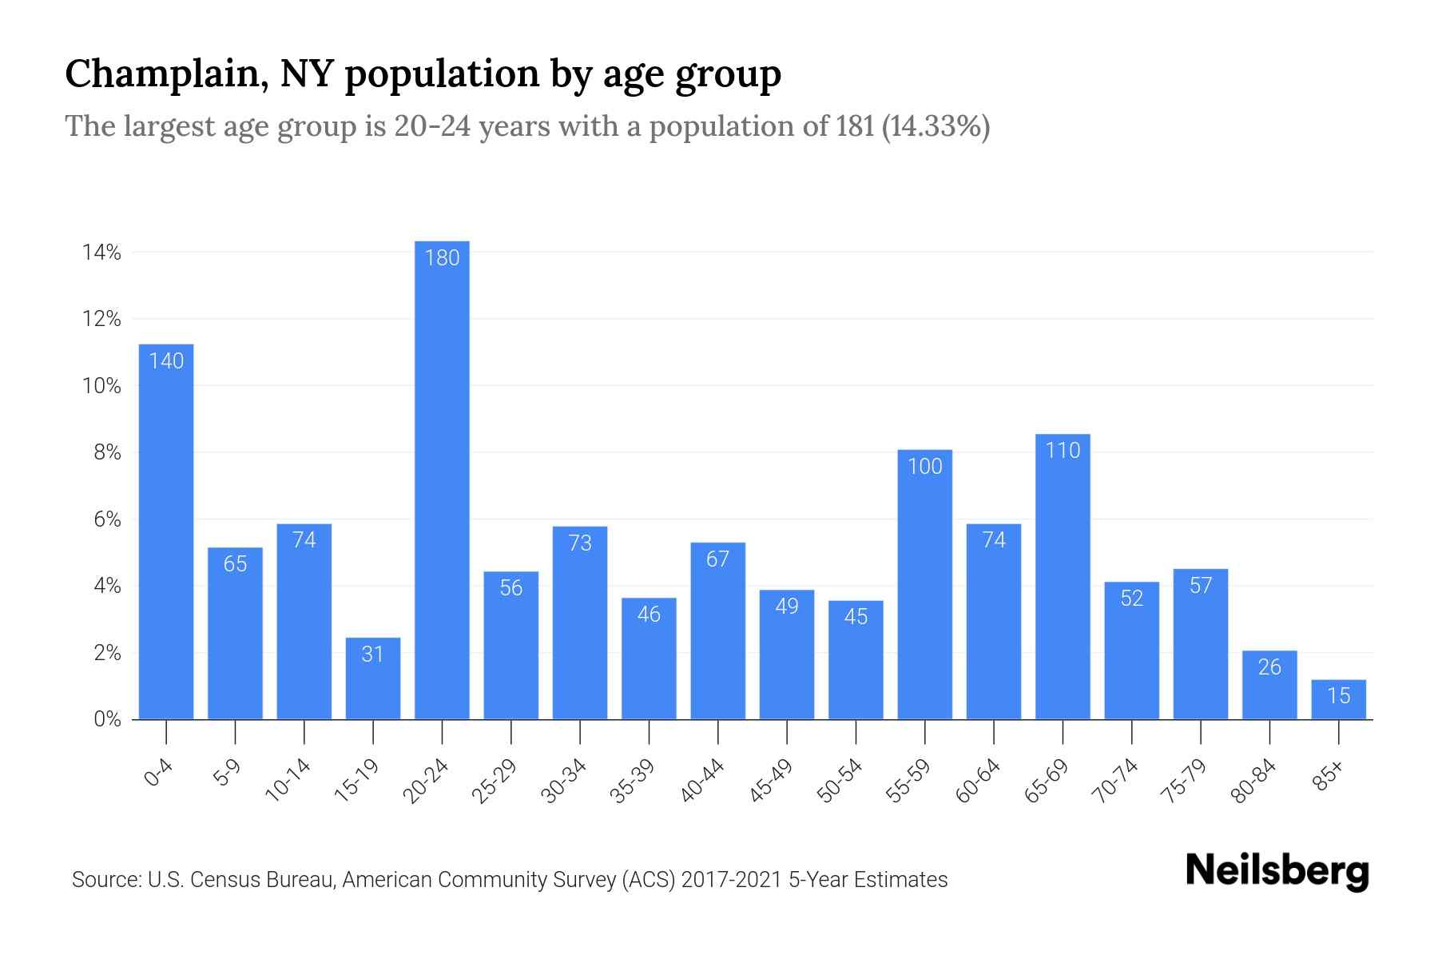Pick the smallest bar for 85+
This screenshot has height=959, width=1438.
coord(1338,700)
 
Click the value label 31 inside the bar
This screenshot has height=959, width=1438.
coord(372,655)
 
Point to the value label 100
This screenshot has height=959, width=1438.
coord(924,467)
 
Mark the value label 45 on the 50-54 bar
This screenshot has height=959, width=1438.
coord(856,617)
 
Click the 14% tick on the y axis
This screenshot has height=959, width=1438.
coord(101,253)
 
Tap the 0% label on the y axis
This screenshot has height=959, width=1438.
coord(107,719)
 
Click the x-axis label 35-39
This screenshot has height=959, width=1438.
coord(633,781)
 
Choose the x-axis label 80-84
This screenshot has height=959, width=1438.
coord(1253,781)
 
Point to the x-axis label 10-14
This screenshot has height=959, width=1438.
coord(288,781)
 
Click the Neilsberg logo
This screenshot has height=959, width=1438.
coord(1277,871)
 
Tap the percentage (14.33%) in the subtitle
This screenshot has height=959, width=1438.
coord(935,126)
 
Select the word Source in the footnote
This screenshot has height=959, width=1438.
coord(105,880)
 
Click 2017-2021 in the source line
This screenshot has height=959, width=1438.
coord(731,880)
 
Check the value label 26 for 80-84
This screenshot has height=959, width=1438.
coord(1269,667)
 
